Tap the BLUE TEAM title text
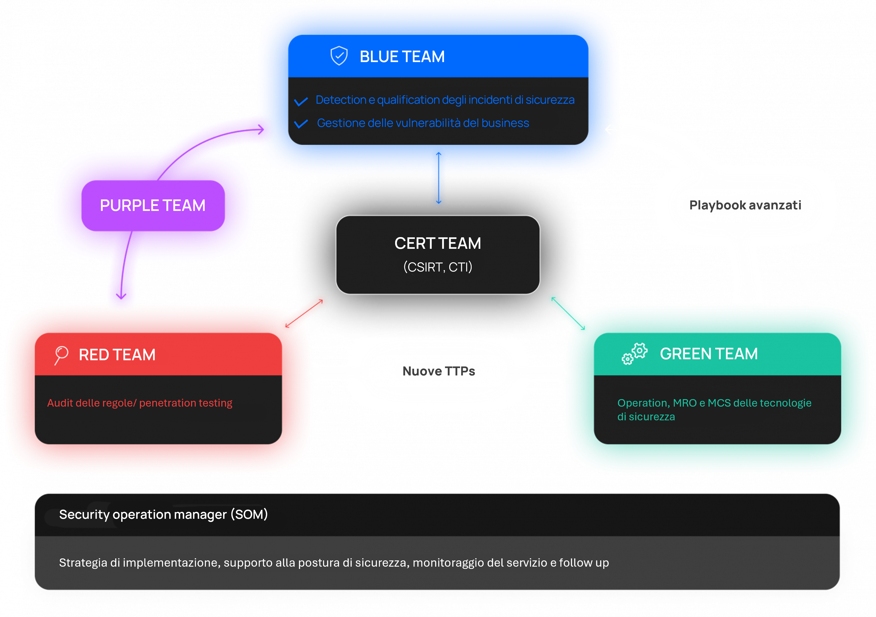402,57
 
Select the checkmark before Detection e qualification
301,101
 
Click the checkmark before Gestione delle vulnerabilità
301,124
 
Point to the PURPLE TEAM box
153,206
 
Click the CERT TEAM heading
438,243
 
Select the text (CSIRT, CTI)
438,267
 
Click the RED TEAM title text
117,355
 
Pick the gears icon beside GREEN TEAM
634,354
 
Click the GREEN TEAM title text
708,354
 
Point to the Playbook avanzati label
745,205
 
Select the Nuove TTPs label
439,371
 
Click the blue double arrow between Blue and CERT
439,178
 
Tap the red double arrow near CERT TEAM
304,314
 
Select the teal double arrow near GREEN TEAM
568,313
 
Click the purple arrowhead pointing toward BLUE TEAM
261,129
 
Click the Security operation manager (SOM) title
163,514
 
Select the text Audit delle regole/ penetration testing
140,403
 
